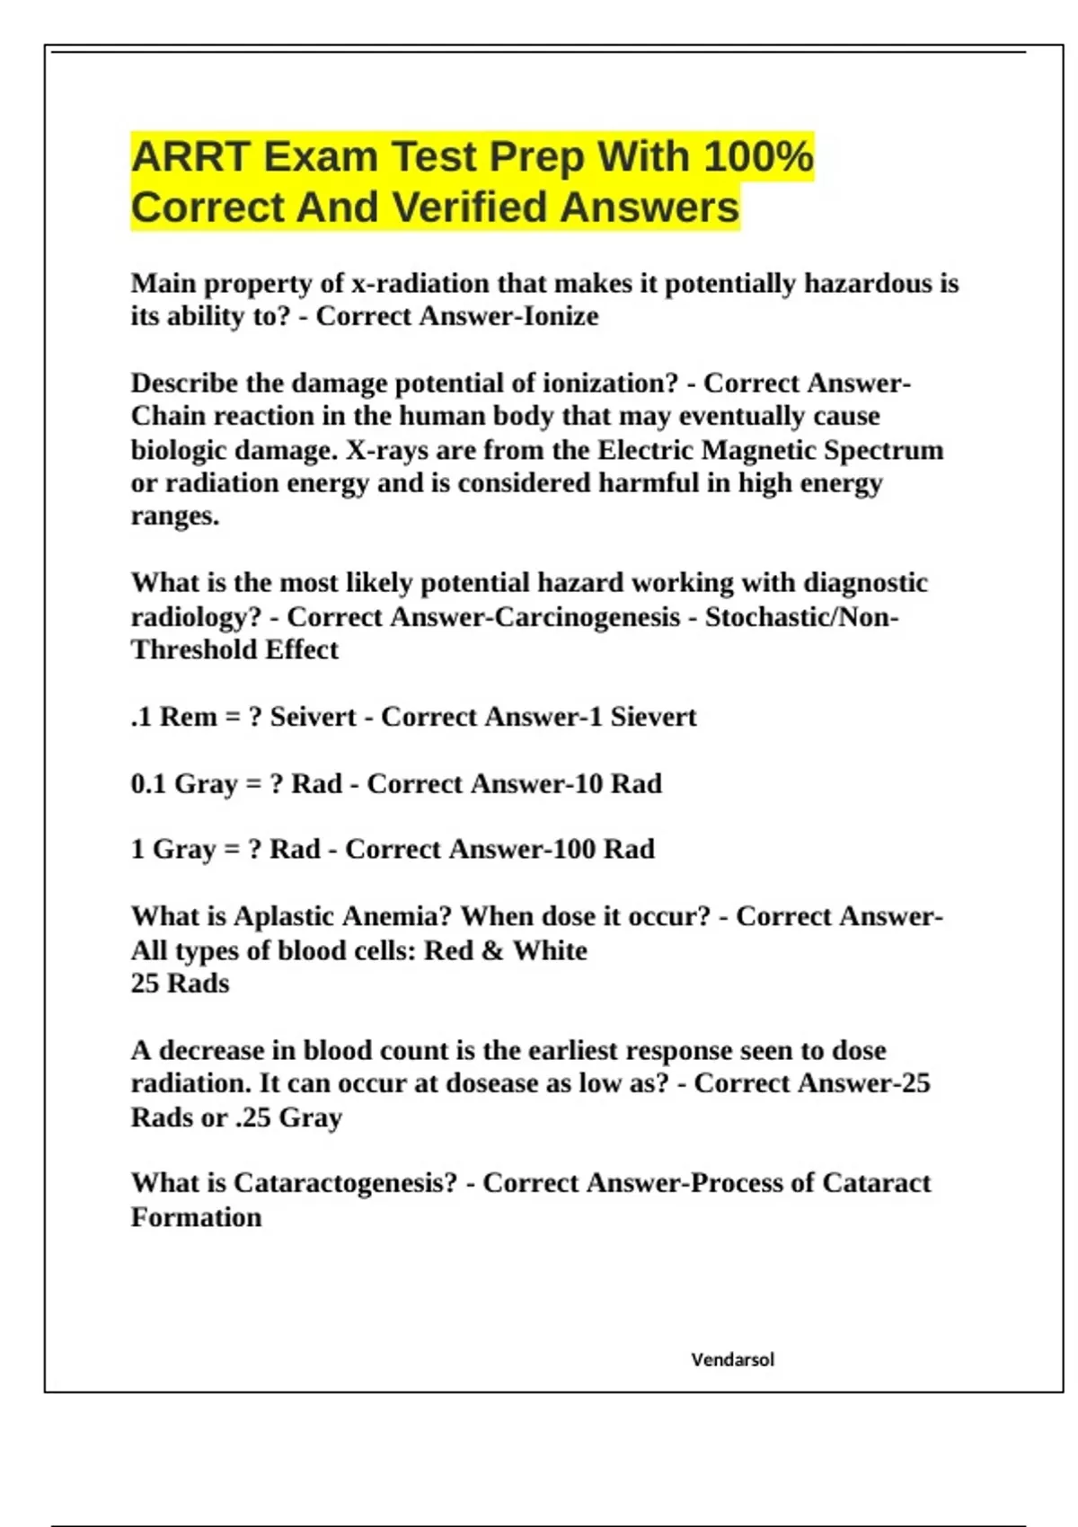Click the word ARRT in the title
(x=190, y=157)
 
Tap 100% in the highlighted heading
(x=758, y=157)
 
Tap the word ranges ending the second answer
(x=174, y=516)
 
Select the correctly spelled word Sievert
(x=653, y=717)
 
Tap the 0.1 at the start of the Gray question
(x=148, y=784)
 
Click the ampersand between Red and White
(x=492, y=950)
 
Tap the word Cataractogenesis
(x=346, y=1184)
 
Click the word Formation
(x=196, y=1218)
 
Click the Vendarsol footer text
(x=732, y=1360)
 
